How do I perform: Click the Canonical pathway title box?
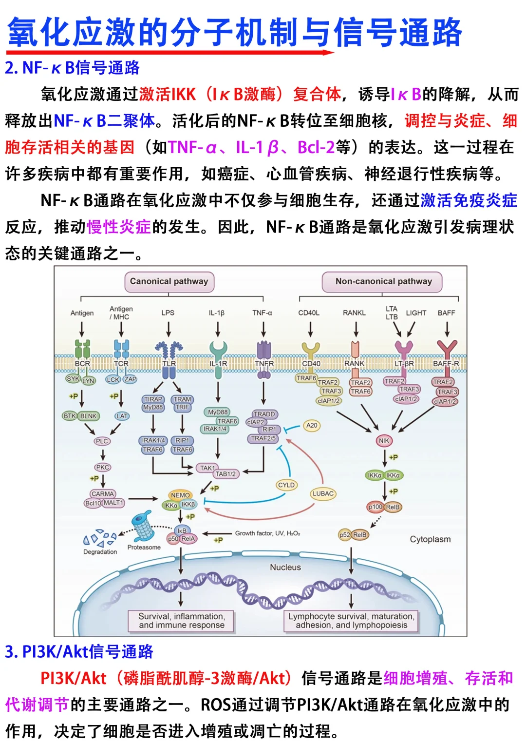(169, 281)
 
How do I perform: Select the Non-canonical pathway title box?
(383, 281)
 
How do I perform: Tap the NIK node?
(384, 441)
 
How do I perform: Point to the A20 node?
(312, 425)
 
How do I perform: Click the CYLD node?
(286, 485)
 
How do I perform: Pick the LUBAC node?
(323, 493)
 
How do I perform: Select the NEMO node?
(180, 495)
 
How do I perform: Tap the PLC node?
(102, 441)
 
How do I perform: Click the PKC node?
(103, 467)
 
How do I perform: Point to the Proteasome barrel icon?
(144, 526)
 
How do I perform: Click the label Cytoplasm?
(430, 539)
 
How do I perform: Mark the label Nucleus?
(285, 567)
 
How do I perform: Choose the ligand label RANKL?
(354, 313)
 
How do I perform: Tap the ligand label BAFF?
(446, 313)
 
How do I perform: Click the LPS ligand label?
(168, 313)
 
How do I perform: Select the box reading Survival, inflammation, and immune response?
(182, 621)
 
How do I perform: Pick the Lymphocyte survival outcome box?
(351, 621)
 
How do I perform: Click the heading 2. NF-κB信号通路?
(73, 68)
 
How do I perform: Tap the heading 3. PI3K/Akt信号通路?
(79, 651)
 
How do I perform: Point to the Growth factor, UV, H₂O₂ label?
(267, 533)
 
